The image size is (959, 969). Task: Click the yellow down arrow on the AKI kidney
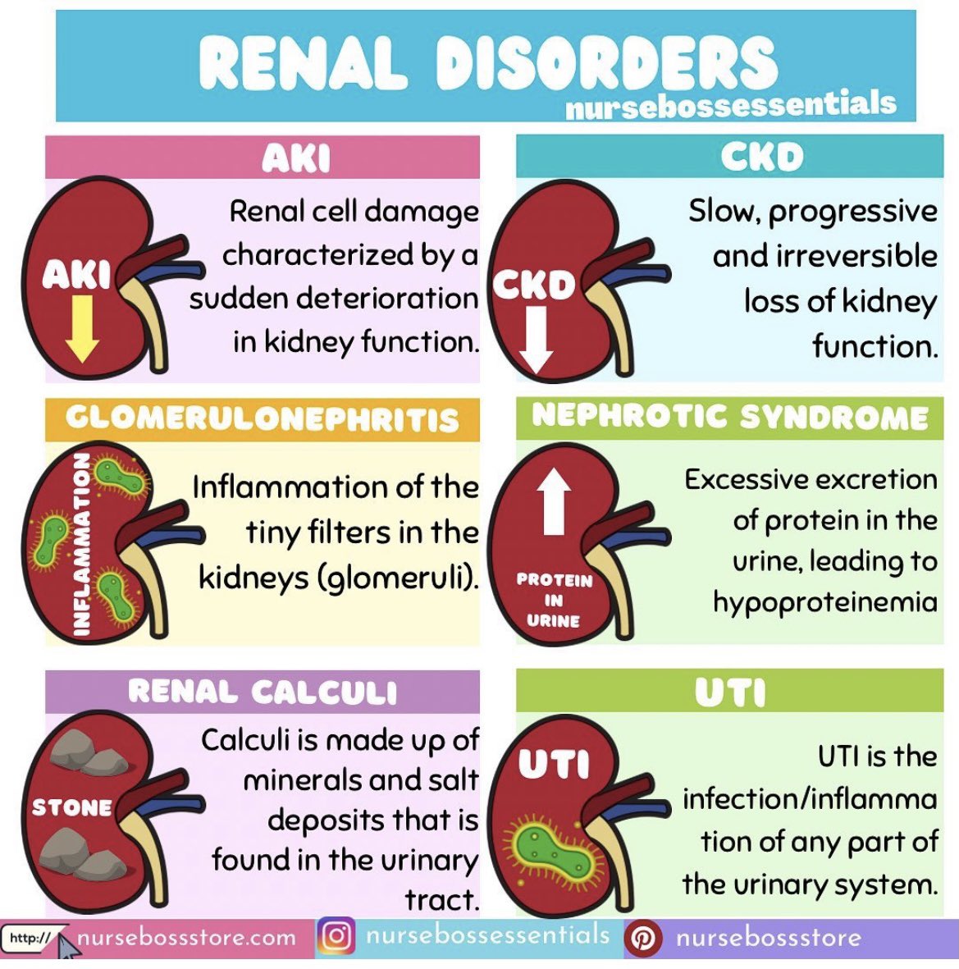pyautogui.click(x=81, y=329)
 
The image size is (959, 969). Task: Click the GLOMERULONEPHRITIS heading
pyautogui.click(x=262, y=419)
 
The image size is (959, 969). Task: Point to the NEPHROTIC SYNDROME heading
pyautogui.click(x=729, y=416)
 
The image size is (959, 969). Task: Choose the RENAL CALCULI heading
pyautogui.click(x=262, y=692)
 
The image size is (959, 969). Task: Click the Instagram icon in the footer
pyautogui.click(x=336, y=936)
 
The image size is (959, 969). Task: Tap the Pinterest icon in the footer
pyautogui.click(x=643, y=937)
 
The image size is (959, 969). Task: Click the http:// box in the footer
pyautogui.click(x=30, y=938)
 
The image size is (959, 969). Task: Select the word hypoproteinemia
pyautogui.click(x=824, y=602)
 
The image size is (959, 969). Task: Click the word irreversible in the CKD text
pyautogui.click(x=824, y=256)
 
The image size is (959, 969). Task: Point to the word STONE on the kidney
pyautogui.click(x=71, y=808)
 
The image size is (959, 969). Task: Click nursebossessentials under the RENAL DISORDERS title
pyautogui.click(x=730, y=105)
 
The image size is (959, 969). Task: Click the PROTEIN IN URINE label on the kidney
pyautogui.click(x=554, y=601)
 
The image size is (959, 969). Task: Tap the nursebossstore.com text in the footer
pyautogui.click(x=186, y=937)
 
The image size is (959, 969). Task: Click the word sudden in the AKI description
pyautogui.click(x=232, y=298)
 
